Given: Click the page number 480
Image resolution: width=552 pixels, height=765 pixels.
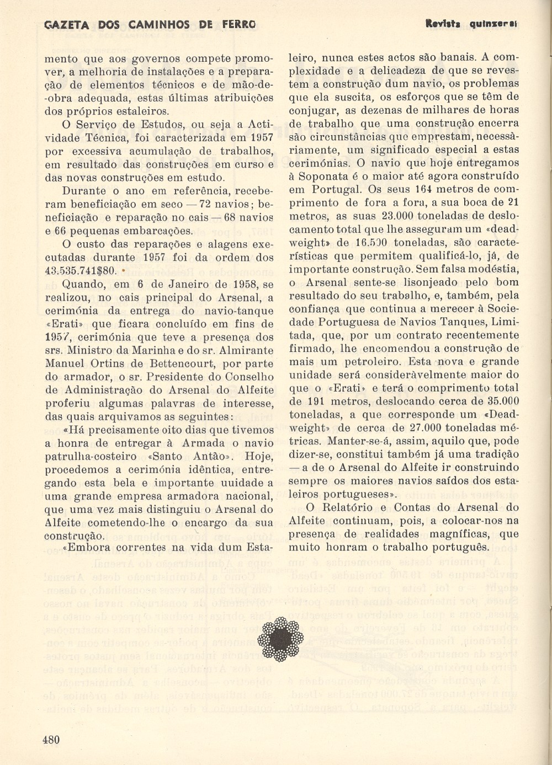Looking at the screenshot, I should pyautogui.click(x=51, y=739).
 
